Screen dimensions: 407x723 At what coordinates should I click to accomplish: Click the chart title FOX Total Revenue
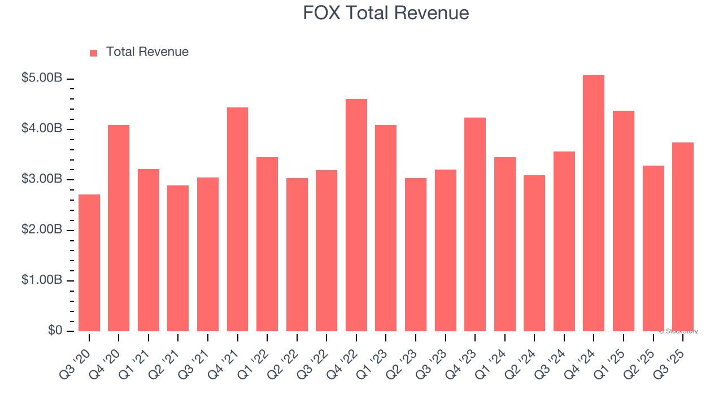click(386, 13)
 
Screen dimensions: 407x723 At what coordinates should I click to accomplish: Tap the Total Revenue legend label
click(147, 52)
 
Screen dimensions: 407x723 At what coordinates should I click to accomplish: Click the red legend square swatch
click(94, 53)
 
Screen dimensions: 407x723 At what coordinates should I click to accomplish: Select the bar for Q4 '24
click(594, 203)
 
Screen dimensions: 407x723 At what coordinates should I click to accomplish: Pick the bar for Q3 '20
click(89, 263)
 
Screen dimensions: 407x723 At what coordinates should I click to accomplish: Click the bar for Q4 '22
click(356, 215)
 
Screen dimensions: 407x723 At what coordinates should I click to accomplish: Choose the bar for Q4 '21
click(237, 219)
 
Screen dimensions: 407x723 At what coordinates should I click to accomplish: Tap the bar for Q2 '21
click(178, 258)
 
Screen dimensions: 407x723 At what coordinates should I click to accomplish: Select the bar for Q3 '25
click(683, 237)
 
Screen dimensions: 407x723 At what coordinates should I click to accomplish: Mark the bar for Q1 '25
click(624, 221)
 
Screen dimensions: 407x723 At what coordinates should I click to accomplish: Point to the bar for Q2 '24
click(534, 253)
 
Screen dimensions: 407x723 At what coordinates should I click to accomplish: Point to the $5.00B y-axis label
click(42, 78)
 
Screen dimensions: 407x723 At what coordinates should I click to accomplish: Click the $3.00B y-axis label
click(42, 179)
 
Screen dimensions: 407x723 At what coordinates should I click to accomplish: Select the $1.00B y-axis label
click(42, 280)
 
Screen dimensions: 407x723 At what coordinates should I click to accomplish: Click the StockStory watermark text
click(678, 331)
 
